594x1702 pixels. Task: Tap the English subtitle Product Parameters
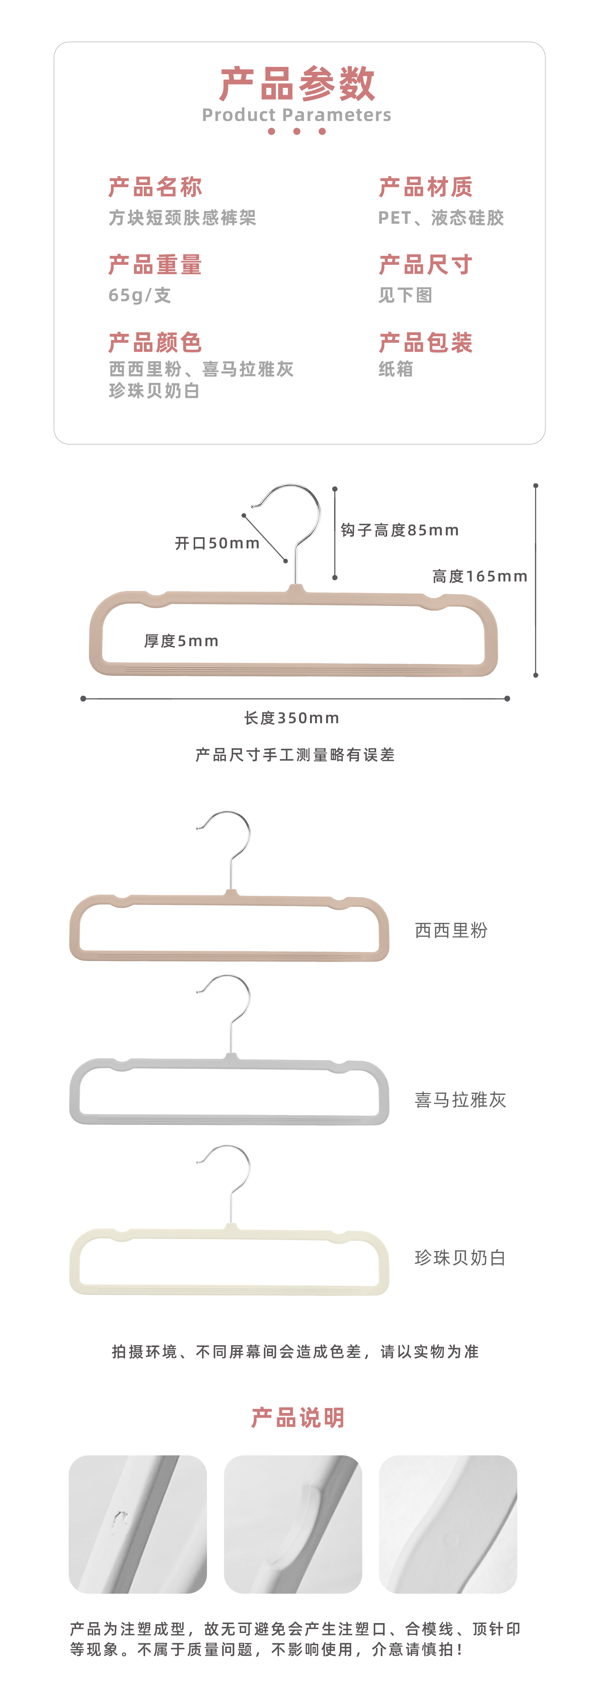click(297, 115)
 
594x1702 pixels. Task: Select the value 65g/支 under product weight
click(140, 295)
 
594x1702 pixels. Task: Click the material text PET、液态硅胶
click(441, 218)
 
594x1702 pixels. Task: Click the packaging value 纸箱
click(396, 369)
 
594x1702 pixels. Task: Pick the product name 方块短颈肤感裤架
click(182, 218)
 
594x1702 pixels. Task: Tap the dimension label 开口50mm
click(217, 543)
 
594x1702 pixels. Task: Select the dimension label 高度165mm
click(480, 576)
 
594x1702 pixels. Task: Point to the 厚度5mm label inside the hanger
click(181, 641)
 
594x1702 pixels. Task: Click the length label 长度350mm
click(291, 718)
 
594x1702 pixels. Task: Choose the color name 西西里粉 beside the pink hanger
click(451, 930)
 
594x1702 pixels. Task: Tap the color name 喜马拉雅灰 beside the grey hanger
click(461, 1100)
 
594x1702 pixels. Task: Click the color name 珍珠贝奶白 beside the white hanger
click(461, 1258)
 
